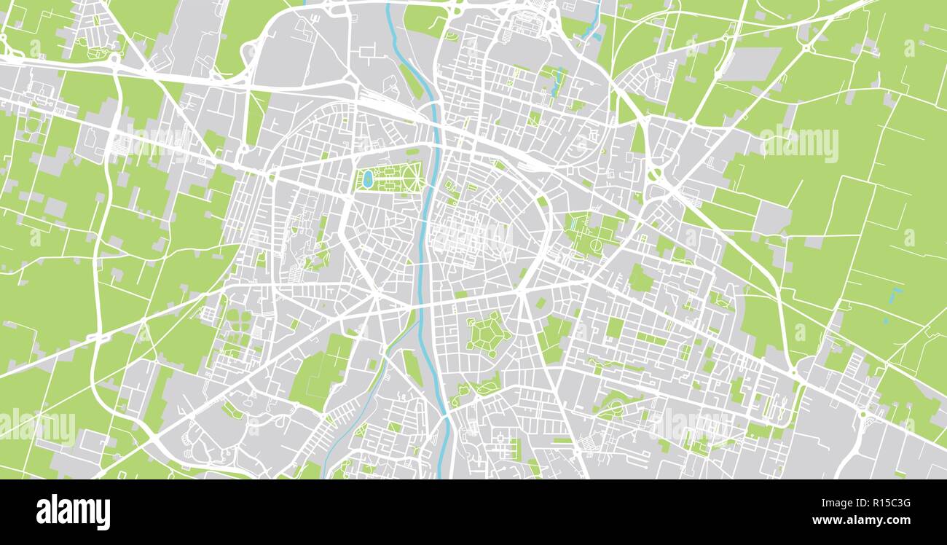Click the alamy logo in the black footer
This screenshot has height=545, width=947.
point(73,512)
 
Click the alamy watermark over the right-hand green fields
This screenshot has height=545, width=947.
point(799,143)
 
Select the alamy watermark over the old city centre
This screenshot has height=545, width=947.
point(472,235)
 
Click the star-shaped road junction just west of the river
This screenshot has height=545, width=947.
point(377,294)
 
